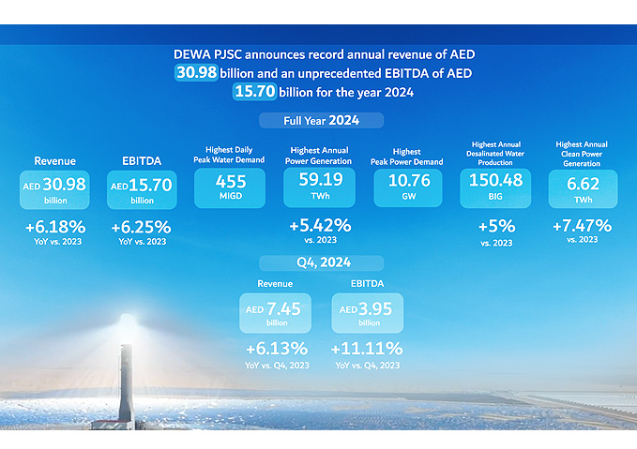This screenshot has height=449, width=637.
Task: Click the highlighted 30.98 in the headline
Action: tap(201, 73)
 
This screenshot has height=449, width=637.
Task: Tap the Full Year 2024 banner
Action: tap(321, 121)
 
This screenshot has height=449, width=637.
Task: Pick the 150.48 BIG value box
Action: tap(496, 187)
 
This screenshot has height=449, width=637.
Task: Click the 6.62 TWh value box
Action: tap(583, 187)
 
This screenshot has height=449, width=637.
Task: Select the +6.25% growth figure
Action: tap(142, 227)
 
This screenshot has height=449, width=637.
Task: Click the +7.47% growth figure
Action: tap(583, 225)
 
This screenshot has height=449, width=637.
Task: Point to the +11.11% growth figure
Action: tap(367, 349)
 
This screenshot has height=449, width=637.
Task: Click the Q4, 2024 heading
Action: tap(321, 263)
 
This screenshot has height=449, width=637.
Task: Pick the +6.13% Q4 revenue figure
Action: tap(276, 349)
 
